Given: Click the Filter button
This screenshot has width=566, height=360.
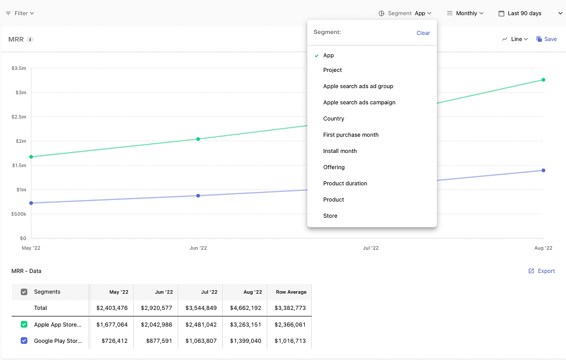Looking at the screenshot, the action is (x=20, y=13).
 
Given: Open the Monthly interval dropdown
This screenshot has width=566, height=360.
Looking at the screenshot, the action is (x=465, y=13).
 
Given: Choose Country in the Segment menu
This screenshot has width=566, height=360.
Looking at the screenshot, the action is (x=334, y=118).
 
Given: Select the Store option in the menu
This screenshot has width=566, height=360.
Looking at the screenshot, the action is (x=330, y=216).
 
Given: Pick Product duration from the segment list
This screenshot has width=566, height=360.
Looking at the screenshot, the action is (x=345, y=183).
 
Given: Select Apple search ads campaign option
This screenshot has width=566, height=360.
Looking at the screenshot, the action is (x=359, y=102).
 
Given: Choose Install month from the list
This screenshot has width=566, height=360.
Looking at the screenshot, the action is (x=340, y=151).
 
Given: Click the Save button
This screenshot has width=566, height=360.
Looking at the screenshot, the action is (x=546, y=39).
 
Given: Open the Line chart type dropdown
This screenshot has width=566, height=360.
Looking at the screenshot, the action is (x=515, y=39).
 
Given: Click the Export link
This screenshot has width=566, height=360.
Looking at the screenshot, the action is (x=542, y=271).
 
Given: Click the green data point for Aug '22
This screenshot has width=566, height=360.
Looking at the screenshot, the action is (x=543, y=80).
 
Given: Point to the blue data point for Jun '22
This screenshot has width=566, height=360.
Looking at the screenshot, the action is (x=198, y=196).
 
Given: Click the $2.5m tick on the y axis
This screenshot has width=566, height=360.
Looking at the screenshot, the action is (x=19, y=116).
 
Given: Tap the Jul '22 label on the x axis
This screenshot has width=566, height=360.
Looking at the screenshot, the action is (x=371, y=248).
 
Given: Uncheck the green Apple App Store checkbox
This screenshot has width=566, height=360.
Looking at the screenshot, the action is (x=24, y=324).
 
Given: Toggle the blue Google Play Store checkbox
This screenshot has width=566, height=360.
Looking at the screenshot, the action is (x=24, y=340).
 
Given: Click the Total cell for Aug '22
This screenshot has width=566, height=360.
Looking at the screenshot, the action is (x=246, y=308).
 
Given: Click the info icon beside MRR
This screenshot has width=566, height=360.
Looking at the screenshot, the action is (x=30, y=39).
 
